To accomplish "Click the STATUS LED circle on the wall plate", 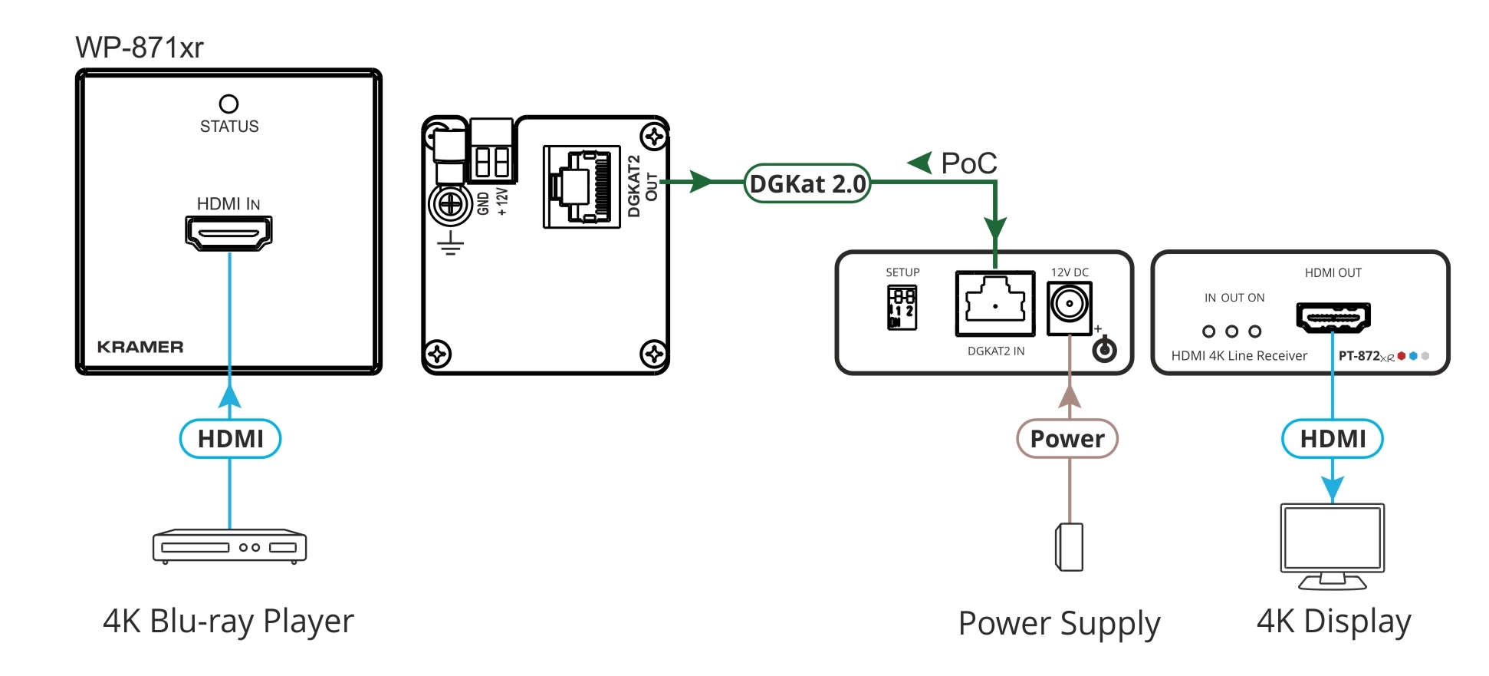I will [x=228, y=104].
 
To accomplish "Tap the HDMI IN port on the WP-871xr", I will [x=228, y=232].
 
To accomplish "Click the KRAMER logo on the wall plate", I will [x=140, y=347].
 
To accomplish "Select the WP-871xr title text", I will [x=140, y=48].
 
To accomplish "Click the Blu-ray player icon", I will [x=229, y=546].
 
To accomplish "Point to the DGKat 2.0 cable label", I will [x=807, y=184].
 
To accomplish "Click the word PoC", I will [x=968, y=163].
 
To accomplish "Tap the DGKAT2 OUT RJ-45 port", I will [x=581, y=186].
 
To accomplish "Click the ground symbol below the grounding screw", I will [x=451, y=244].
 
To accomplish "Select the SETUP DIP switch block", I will [x=902, y=307].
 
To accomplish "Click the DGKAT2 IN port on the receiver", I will [x=994, y=304].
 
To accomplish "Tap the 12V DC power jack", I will [x=1069, y=306].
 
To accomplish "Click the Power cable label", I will [x=1067, y=439].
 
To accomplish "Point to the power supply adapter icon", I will [x=1070, y=547].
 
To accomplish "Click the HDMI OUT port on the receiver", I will [x=1333, y=317].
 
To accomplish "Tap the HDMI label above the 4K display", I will [x=1333, y=439].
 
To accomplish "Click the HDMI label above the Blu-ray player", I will [x=230, y=439].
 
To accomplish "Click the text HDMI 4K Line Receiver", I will [x=1238, y=356].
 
